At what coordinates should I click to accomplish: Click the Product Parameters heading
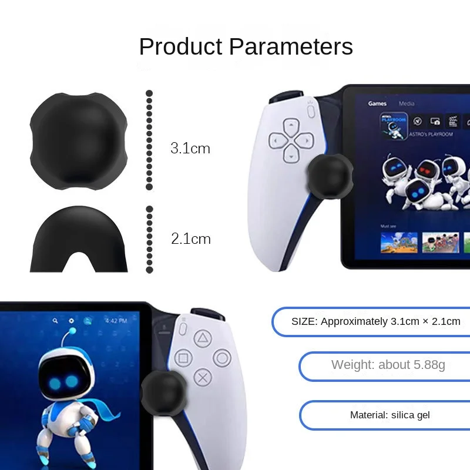(x=246, y=46)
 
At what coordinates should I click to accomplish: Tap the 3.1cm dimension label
(x=190, y=148)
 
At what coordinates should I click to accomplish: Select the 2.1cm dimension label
(x=190, y=239)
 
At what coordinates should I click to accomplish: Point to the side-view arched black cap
(x=79, y=238)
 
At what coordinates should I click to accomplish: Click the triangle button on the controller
(x=203, y=338)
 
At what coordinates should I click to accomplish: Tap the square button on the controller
(x=183, y=358)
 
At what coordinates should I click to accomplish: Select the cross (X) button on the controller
(x=203, y=377)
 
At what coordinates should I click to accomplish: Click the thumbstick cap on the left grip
(x=330, y=174)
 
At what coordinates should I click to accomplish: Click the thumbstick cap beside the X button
(x=164, y=391)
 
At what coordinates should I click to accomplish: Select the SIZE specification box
(x=375, y=321)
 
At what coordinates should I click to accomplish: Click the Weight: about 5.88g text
(x=388, y=365)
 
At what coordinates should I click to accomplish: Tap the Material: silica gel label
(x=390, y=415)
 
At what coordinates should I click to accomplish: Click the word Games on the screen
(x=377, y=103)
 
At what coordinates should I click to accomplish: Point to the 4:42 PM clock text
(x=116, y=321)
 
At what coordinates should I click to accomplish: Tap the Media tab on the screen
(x=407, y=103)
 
